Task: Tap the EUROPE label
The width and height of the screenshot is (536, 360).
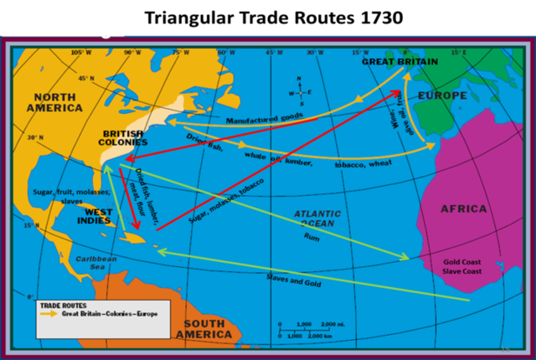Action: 442,95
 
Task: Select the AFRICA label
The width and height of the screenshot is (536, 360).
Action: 463,208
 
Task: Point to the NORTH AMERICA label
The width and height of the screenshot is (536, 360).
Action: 54,103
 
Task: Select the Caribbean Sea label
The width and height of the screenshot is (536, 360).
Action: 97,264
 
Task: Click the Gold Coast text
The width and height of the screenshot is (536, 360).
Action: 462,261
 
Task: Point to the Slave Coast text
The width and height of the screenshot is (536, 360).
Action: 462,271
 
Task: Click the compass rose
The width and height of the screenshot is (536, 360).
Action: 300,91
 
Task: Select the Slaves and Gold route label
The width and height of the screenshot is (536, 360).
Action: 294,280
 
